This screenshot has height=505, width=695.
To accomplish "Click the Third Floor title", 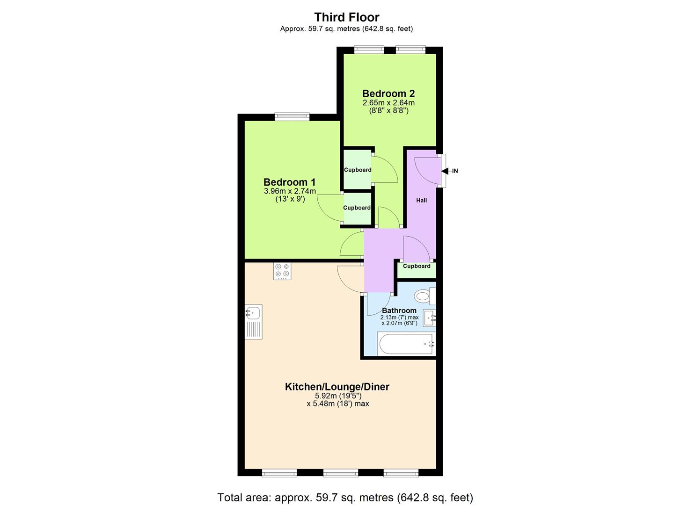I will (346, 17).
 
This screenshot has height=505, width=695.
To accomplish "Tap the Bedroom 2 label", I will (388, 94).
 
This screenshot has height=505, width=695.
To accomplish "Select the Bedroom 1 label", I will (289, 182).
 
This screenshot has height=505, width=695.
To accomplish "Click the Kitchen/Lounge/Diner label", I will (337, 387).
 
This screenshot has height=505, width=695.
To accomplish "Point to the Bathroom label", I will (399, 310).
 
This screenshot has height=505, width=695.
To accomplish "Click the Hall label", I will (422, 201).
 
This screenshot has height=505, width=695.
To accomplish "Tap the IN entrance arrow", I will (450, 171).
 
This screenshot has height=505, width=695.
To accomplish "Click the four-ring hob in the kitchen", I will (282, 271).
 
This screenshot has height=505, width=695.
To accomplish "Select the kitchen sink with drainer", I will (253, 322).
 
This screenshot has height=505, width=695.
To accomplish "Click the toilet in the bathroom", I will (424, 296).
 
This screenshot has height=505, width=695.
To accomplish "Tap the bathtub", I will (406, 345).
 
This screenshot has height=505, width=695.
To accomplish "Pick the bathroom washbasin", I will (430, 318).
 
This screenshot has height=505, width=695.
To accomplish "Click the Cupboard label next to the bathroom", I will (417, 267).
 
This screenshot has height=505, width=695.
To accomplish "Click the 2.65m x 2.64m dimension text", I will (388, 103).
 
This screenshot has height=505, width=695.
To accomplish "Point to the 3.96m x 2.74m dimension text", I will (290, 191).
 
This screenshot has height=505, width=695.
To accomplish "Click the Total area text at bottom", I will (345, 497).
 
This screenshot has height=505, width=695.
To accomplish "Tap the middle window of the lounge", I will (340, 473).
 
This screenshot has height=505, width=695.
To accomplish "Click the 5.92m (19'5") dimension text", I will (338, 396).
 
